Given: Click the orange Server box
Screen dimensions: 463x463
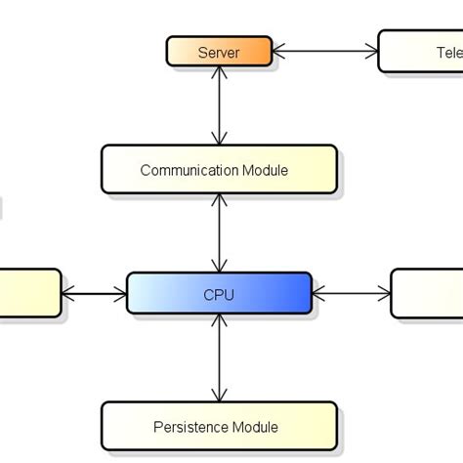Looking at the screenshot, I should coord(218,52).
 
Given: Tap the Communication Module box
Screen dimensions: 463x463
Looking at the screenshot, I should coord(219,170).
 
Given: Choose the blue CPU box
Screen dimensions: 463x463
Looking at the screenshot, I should coord(219,294).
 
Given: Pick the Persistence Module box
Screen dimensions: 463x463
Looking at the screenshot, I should coord(219,426).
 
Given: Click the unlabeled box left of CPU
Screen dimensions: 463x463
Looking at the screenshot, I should coord(29,293).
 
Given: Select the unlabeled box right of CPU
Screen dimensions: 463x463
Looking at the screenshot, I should coord(428,293).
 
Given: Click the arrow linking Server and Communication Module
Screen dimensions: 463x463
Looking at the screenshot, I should coord(220,107).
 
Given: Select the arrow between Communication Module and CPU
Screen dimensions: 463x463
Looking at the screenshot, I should coord(220,232).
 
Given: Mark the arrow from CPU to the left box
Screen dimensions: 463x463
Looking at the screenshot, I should coord(95,291).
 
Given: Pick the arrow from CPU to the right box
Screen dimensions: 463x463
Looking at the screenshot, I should coord(352,291).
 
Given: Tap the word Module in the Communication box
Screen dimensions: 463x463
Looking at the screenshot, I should coord(265,170).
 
